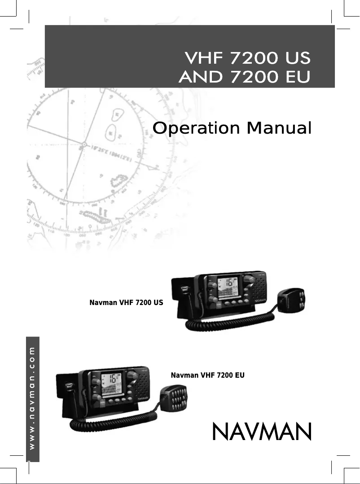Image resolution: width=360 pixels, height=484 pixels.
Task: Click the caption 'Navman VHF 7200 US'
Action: click(x=127, y=303)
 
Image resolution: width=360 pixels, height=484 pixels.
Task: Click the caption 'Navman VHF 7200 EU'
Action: click(x=208, y=375)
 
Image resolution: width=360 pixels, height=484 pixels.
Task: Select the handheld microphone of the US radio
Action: click(x=292, y=300)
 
